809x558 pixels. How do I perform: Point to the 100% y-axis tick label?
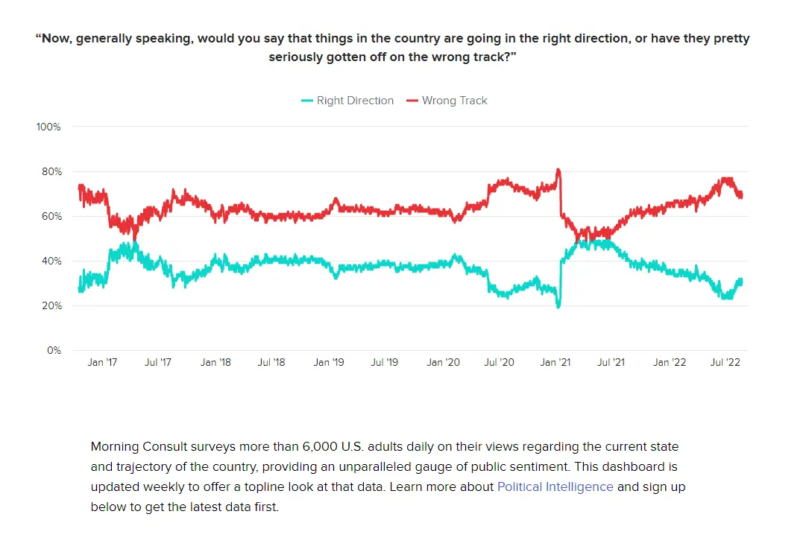click(x=48, y=127)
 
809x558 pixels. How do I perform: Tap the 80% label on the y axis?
click(x=50, y=172)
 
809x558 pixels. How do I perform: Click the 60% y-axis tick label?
click(x=50, y=217)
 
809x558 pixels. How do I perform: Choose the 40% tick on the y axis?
click(x=50, y=261)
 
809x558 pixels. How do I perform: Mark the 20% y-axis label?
click(x=50, y=306)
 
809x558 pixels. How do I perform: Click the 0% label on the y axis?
click(x=53, y=351)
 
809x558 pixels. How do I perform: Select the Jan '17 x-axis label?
click(x=102, y=363)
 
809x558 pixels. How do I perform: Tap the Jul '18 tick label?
click(x=271, y=363)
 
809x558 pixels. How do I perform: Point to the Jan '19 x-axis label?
click(x=328, y=363)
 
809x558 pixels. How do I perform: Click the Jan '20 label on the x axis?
click(x=442, y=363)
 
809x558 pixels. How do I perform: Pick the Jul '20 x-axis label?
click(x=498, y=363)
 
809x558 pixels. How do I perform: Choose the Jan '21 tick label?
click(x=555, y=363)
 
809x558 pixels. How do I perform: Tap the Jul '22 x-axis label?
click(x=725, y=363)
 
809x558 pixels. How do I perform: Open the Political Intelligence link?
click(x=555, y=487)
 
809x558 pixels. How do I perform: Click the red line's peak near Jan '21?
click(x=558, y=171)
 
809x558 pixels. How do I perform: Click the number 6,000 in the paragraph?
click(x=324, y=447)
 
